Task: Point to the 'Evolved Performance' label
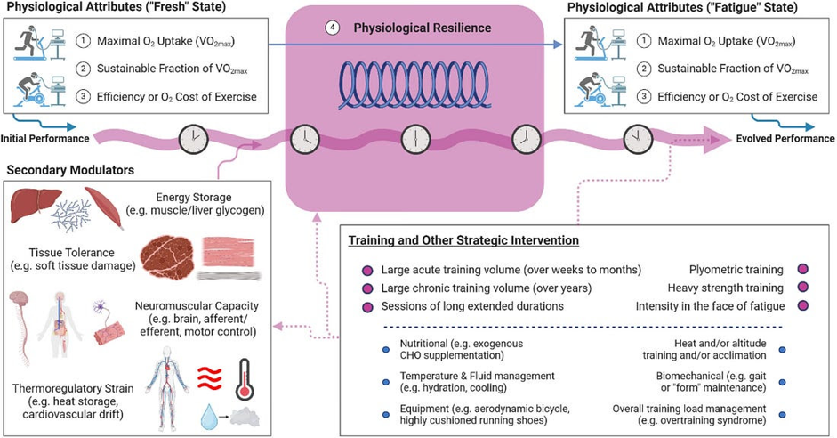click(x=785, y=139)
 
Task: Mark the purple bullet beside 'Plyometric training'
click(x=804, y=269)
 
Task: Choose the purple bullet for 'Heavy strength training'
click(x=804, y=288)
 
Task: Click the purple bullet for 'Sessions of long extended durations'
click(x=366, y=307)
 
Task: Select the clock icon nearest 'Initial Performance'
click(x=193, y=139)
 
